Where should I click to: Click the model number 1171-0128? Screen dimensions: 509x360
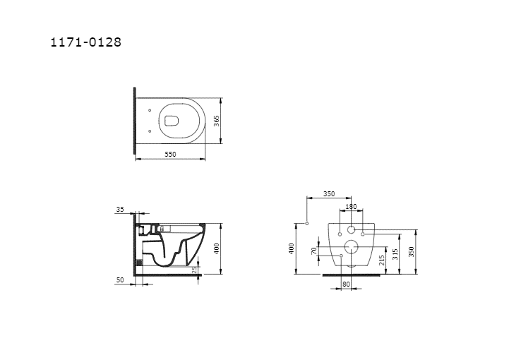tap(85, 42)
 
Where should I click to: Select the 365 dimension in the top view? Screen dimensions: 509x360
tap(217, 121)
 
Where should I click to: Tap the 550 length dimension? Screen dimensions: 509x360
tap(170, 154)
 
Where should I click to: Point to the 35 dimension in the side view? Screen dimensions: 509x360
tap(120, 210)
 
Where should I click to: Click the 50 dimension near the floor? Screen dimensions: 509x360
tap(120, 280)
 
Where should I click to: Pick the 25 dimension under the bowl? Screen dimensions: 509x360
tap(194, 270)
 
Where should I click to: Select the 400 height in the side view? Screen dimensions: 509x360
tap(217, 248)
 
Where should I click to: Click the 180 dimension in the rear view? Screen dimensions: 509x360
tap(351, 206)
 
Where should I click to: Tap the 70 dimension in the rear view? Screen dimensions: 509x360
tap(313, 251)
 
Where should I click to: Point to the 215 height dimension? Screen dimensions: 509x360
tap(382, 260)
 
